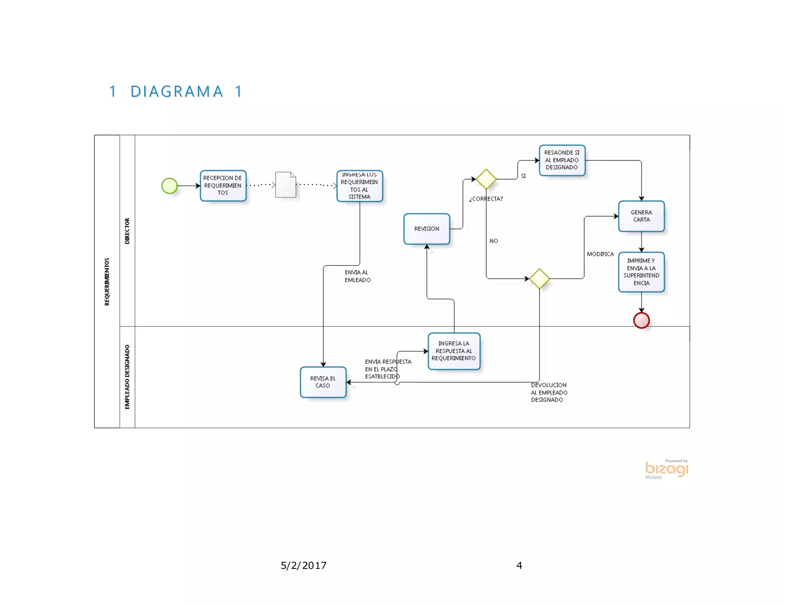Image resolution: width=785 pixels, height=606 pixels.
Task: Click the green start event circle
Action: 169,186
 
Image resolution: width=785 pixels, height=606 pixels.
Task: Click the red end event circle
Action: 641,320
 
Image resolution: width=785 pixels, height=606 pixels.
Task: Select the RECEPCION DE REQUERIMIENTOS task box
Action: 223,186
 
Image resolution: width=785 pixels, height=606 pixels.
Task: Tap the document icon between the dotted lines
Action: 286,185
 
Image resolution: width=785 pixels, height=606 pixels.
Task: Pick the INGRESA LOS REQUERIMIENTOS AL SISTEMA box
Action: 359,186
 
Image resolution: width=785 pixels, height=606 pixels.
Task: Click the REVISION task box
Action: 427,229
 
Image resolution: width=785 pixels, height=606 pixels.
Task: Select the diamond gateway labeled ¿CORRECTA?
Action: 486,179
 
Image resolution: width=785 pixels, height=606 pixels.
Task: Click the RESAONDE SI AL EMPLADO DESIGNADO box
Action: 562,160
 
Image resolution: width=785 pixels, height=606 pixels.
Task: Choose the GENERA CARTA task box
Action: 641,216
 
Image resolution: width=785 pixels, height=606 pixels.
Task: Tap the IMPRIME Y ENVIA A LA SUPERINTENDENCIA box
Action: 641,272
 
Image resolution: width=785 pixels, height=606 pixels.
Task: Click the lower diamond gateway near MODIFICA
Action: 539,278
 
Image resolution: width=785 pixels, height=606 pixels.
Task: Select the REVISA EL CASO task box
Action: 323,382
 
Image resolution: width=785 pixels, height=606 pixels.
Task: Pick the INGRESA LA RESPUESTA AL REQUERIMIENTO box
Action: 454,351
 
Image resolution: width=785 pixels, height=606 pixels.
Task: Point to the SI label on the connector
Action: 523,176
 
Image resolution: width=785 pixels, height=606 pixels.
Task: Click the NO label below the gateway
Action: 494,241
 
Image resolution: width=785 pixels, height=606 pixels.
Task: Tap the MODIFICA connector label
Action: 600,254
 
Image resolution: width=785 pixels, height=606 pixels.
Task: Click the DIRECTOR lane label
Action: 127,231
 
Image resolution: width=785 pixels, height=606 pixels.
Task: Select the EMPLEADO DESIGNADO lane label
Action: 127,377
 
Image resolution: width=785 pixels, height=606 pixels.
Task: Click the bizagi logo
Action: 667,469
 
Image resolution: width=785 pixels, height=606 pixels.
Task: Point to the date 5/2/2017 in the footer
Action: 304,565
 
